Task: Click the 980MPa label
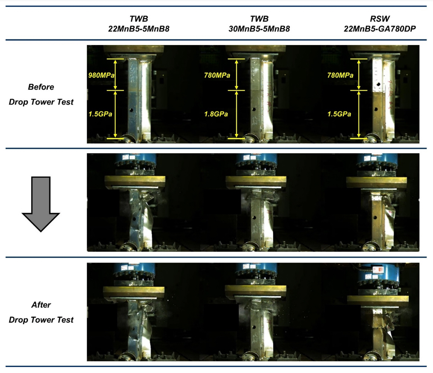coord(101,75)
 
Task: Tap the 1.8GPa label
coord(216,114)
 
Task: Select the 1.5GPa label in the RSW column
coord(339,114)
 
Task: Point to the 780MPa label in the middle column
coord(217,75)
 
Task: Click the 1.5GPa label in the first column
coord(100,114)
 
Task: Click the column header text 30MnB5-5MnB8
coord(259,28)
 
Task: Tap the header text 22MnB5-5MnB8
coord(138,28)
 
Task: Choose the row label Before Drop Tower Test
coord(41,94)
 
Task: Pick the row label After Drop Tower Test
coord(41,312)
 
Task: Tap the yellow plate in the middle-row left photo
coord(135,180)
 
